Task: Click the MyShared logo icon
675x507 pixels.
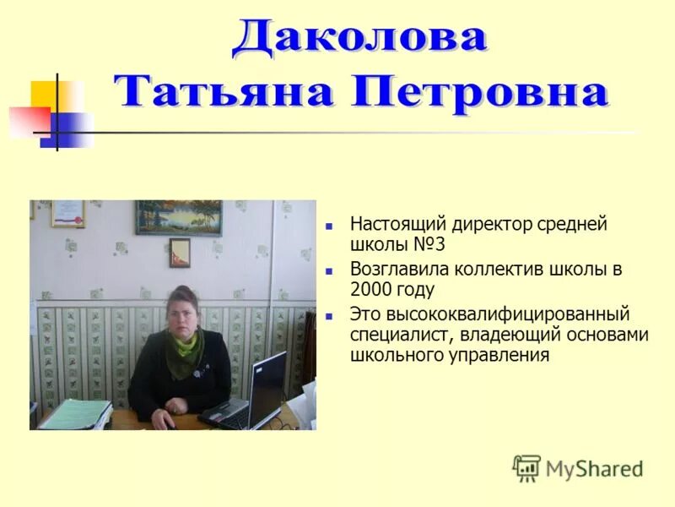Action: [x=526, y=467]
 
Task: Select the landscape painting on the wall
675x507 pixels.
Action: [x=179, y=217]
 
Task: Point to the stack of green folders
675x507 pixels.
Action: [x=75, y=415]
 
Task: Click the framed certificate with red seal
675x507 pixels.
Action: [x=67, y=213]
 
